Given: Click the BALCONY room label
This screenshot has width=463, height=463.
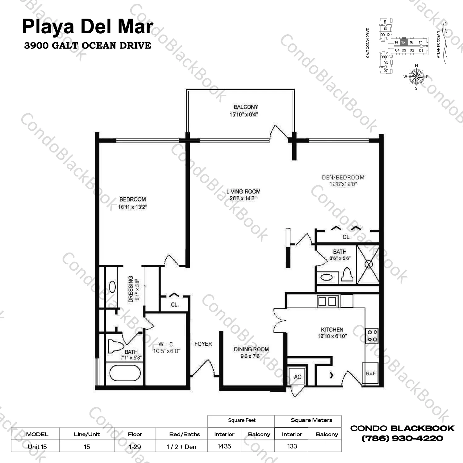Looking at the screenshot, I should (x=246, y=107).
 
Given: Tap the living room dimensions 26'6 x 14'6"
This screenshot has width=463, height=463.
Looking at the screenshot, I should (x=243, y=198).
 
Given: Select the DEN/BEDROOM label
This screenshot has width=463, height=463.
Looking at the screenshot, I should (x=343, y=177).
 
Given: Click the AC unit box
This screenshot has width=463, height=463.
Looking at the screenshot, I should (x=297, y=376).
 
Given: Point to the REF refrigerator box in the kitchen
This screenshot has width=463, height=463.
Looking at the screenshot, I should (x=370, y=373).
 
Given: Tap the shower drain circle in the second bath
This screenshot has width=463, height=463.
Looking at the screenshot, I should (x=369, y=264).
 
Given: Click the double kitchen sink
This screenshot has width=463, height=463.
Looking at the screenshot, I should (x=327, y=301).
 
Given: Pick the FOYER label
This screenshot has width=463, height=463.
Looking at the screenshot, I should (x=203, y=344).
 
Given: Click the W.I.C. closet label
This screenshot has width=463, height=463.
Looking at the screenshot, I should (x=167, y=344).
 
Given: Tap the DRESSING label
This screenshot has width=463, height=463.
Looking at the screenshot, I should (x=131, y=289).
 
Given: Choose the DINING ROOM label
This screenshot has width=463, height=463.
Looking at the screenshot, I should (x=251, y=349).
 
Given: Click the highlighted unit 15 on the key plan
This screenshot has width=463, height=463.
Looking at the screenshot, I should (x=403, y=42).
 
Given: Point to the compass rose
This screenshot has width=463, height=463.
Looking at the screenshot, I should (x=416, y=77).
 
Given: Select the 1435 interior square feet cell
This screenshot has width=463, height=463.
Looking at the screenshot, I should (x=224, y=446).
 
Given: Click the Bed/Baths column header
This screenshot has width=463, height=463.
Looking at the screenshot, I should (x=185, y=434).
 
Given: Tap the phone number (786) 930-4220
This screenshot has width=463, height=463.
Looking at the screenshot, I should (x=402, y=438).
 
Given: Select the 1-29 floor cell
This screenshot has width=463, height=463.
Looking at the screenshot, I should (x=135, y=447).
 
